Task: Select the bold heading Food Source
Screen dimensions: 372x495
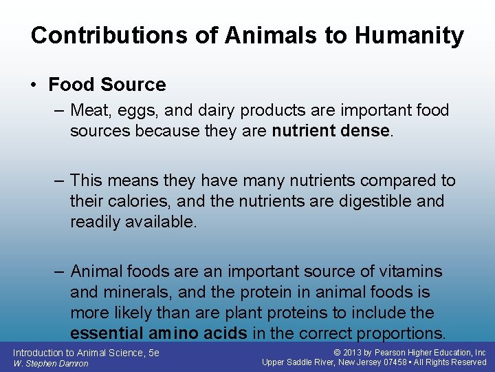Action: pyautogui.click(x=107, y=85)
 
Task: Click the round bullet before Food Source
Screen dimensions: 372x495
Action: pyautogui.click(x=34, y=85)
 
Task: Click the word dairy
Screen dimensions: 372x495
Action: pyautogui.click(x=203, y=110)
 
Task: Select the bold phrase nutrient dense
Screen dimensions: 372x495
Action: pyautogui.click(x=331, y=131)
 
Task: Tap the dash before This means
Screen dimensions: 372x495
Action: pyautogui.click(x=60, y=181)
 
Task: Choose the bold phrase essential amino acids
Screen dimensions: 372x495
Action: pyautogui.click(x=159, y=334)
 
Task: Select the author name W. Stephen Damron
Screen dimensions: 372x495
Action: pyautogui.click(x=51, y=363)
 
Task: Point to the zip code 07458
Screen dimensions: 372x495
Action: pyautogui.click(x=395, y=362)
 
